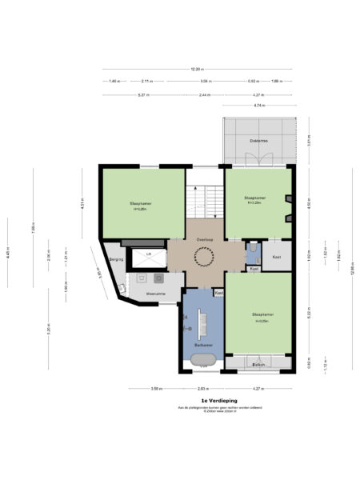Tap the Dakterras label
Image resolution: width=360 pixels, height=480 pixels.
point(258,141)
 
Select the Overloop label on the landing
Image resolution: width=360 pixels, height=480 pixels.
point(204,238)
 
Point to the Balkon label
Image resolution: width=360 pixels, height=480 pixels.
point(258,364)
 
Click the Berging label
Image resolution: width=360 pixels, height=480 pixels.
point(115,260)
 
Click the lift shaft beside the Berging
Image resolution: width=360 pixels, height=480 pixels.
point(147,256)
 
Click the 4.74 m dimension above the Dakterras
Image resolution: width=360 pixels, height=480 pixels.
point(259,105)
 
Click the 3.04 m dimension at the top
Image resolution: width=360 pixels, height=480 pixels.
point(205,82)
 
